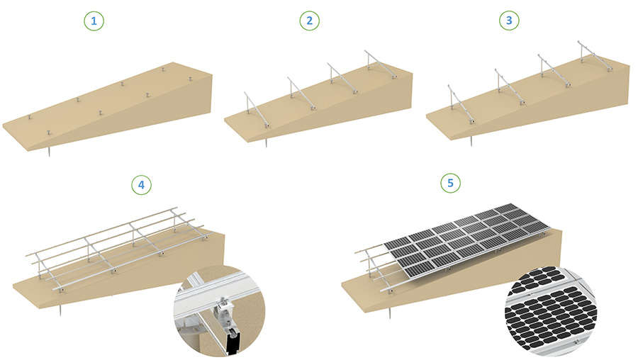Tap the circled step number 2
309,21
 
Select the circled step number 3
508,21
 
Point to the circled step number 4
141,185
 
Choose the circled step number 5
449,183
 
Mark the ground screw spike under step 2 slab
266,144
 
